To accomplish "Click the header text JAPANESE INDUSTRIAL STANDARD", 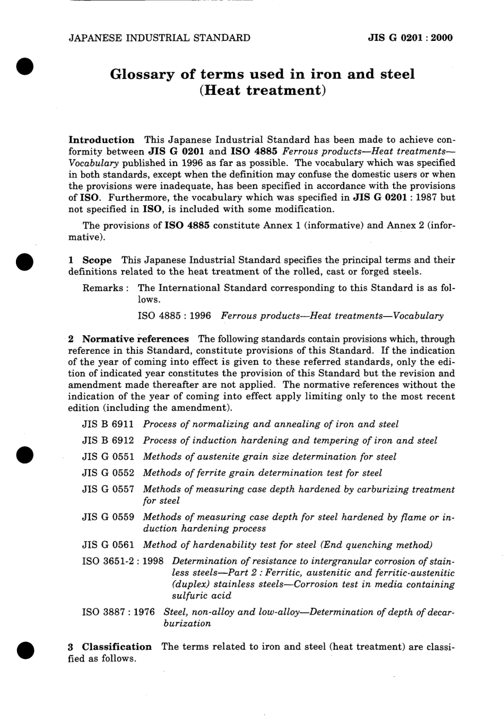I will pos(159,38).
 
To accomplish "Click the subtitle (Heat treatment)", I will pos(262,90).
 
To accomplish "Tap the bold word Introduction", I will pos(101,140).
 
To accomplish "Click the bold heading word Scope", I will pos(97,260).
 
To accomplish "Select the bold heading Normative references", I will pos(135,339).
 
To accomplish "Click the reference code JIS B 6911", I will pos(108,424).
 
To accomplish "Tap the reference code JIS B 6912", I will pos(108,441).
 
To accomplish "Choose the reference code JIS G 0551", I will pos(108,457).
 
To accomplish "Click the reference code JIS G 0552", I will pos(108,473).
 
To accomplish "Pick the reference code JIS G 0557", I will pos(108,490).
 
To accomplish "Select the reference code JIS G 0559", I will pos(108,517).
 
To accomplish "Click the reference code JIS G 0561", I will pos(108,545).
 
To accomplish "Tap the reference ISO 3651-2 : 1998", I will pos(123,561).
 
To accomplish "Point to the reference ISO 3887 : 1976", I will pos(118,612).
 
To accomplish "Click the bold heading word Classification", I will pos(117,647).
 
